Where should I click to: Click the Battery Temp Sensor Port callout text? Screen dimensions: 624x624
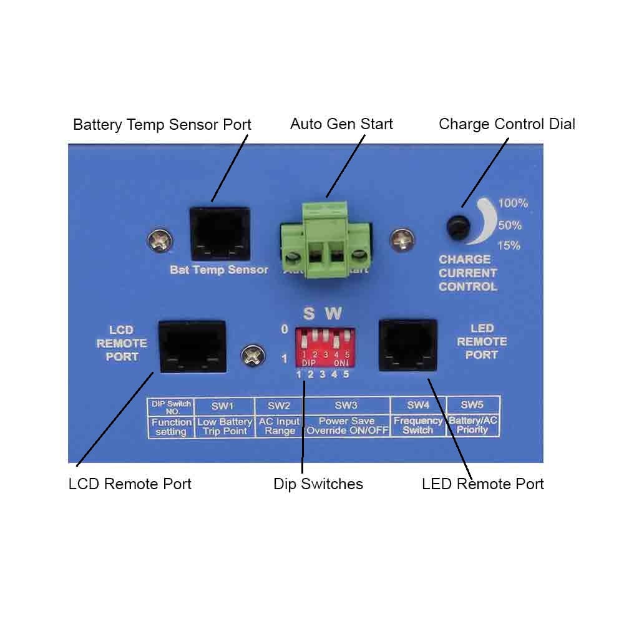click(x=162, y=124)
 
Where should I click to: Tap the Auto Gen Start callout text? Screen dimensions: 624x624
click(x=341, y=124)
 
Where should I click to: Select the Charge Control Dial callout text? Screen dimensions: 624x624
click(x=507, y=124)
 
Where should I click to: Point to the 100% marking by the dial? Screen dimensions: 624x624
click(x=513, y=203)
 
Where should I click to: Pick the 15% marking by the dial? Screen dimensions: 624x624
click(x=509, y=245)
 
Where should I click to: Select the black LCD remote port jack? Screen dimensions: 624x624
click(x=192, y=346)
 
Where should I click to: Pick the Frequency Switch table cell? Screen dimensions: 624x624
click(x=418, y=426)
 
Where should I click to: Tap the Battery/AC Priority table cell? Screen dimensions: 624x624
click(x=473, y=426)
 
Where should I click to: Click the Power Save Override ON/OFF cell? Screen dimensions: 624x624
click(x=347, y=426)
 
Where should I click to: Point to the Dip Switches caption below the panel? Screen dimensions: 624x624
click(x=318, y=484)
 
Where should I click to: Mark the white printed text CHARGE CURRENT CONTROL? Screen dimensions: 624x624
click(x=468, y=273)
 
